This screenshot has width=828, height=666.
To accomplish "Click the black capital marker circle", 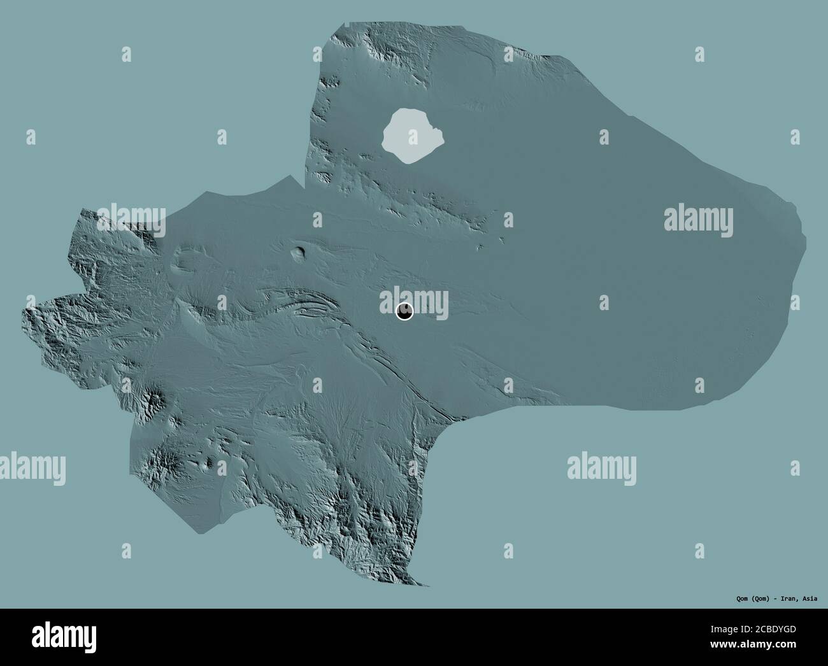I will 404,311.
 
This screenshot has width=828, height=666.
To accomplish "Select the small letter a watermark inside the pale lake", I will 412,136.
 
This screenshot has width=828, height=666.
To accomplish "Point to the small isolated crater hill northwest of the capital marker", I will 297,253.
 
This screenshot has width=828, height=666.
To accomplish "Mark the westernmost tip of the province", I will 24,311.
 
